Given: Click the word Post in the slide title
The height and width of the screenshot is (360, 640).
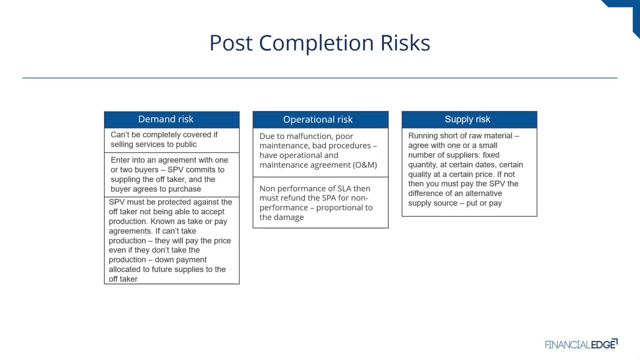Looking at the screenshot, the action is tap(231, 43).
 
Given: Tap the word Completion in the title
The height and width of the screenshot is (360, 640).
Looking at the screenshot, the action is tap(316, 43).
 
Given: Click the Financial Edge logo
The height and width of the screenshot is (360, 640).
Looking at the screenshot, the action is tap(581, 345).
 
